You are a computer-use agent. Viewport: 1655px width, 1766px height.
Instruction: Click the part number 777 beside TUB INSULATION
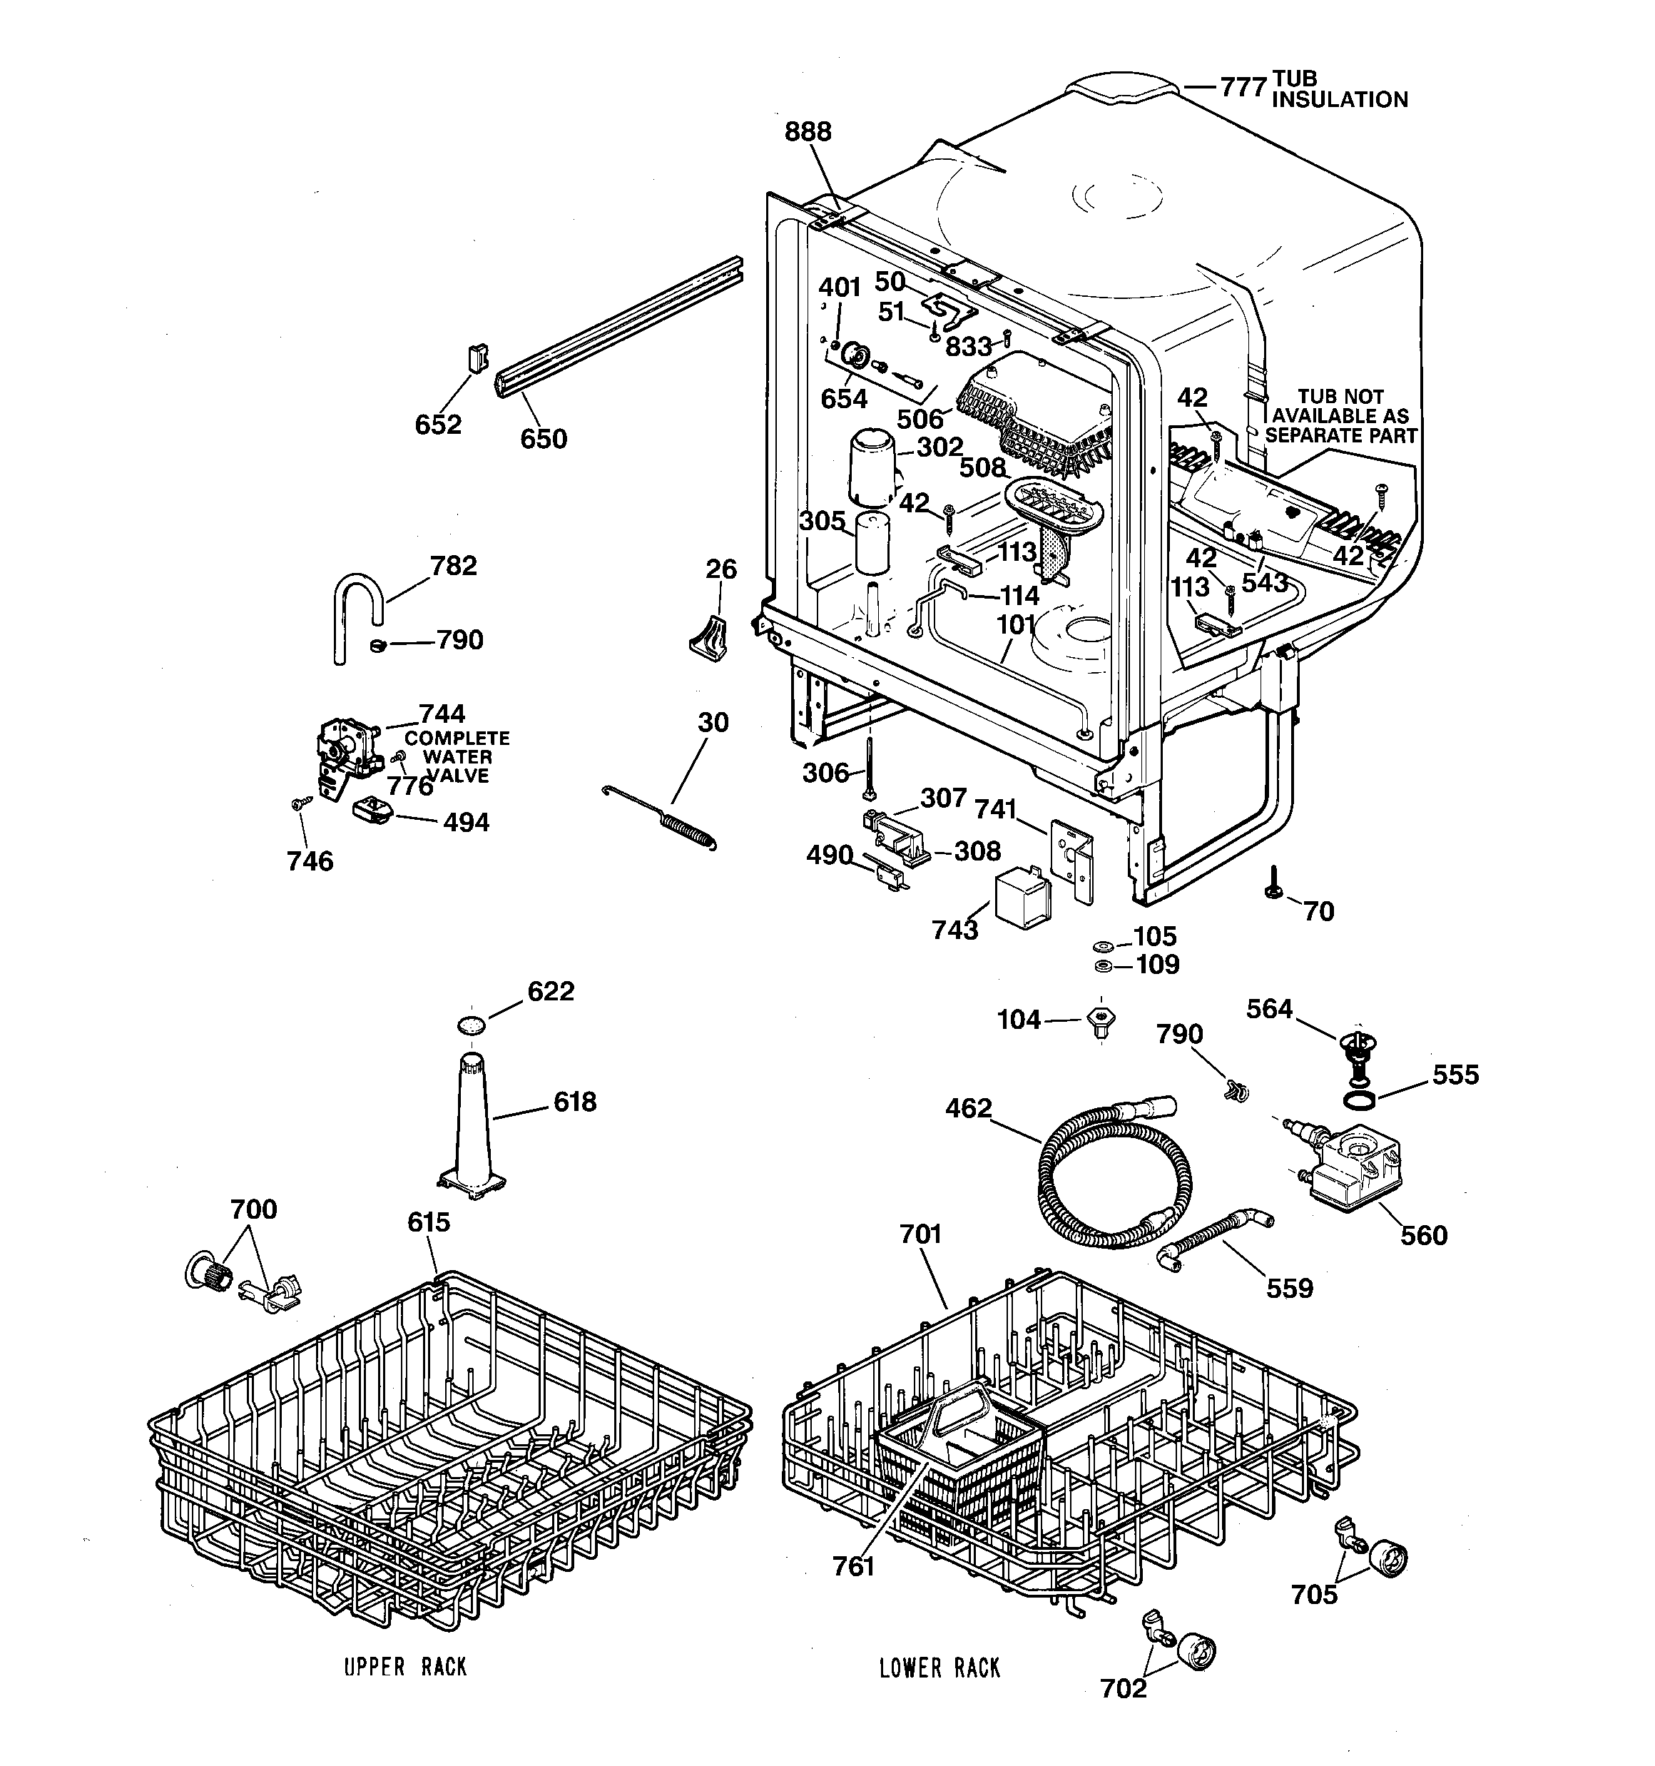click(x=1242, y=87)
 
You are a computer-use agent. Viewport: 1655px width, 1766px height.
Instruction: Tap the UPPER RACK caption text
click(x=405, y=1668)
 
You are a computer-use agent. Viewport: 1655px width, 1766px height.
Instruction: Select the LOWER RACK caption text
click(x=939, y=1668)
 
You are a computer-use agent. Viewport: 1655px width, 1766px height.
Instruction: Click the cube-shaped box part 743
click(x=1022, y=899)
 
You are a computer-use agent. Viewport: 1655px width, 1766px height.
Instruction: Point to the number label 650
click(x=543, y=438)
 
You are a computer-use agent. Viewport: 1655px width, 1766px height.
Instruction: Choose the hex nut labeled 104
click(x=1101, y=1022)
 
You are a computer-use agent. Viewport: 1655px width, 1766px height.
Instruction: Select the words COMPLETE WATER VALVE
click(x=457, y=757)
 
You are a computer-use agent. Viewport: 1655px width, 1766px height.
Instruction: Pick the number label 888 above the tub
click(x=808, y=131)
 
